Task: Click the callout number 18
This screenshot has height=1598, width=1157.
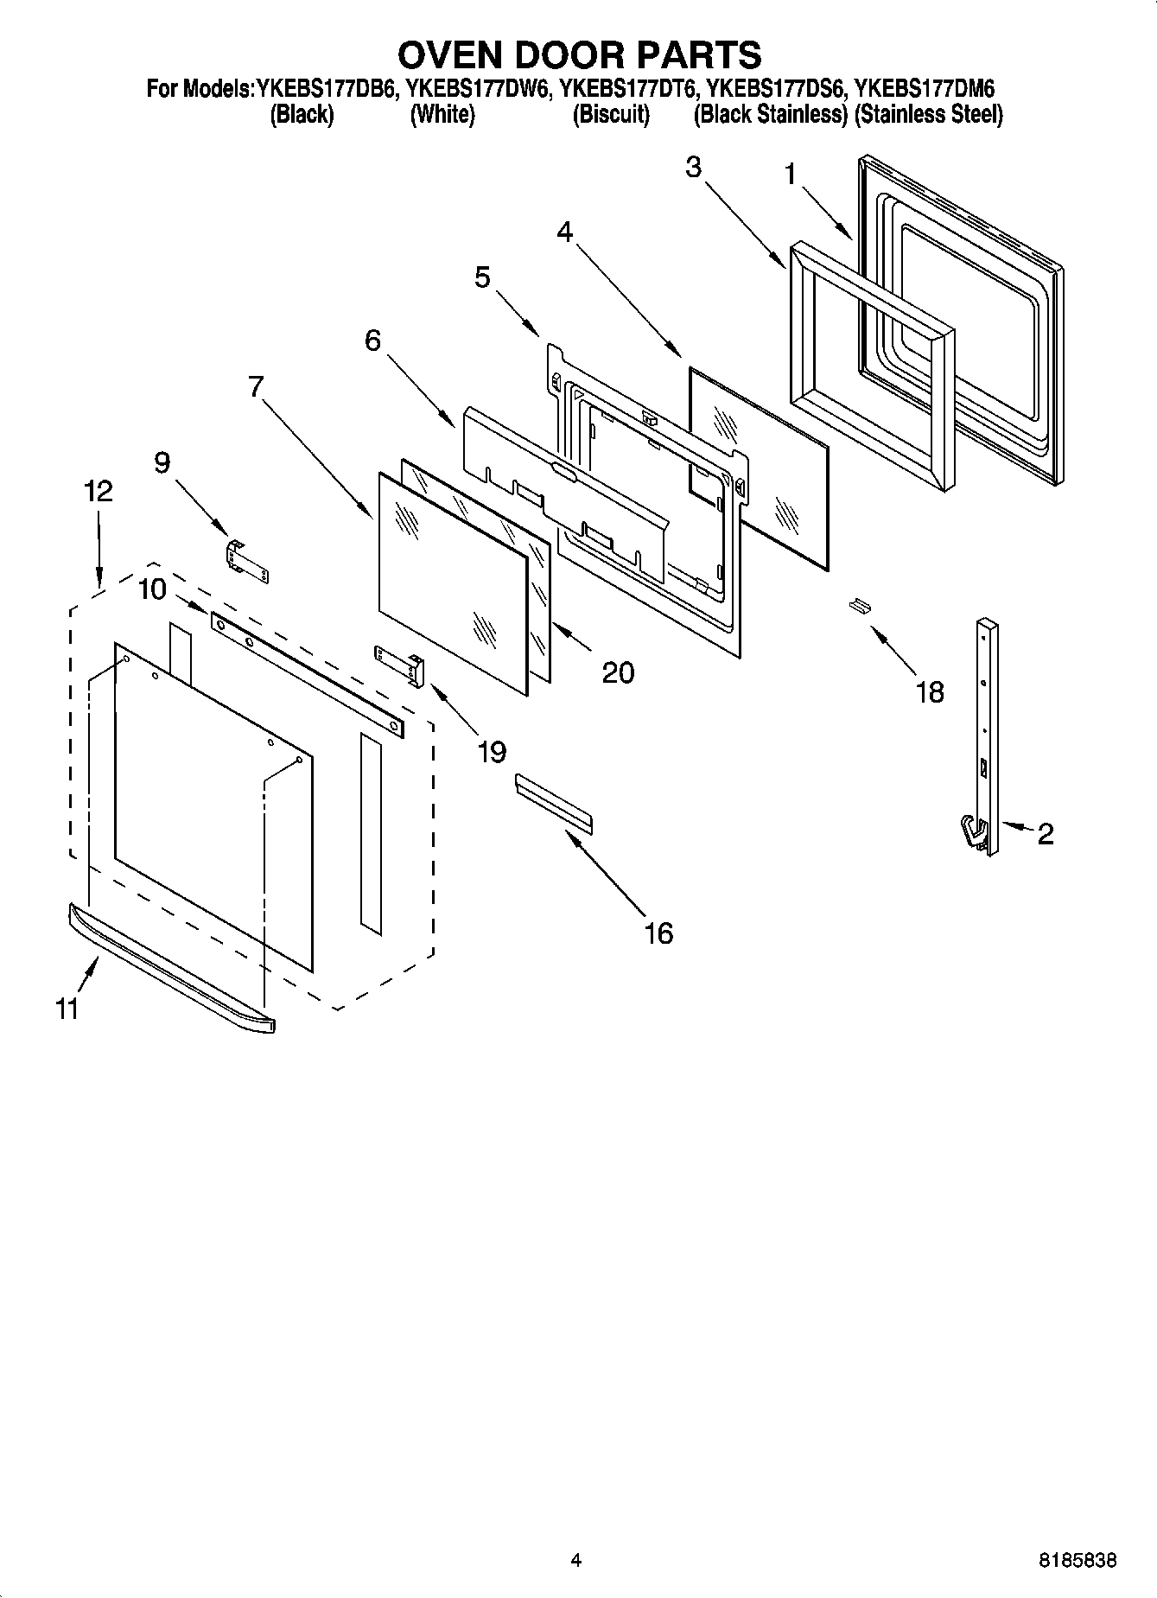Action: (930, 691)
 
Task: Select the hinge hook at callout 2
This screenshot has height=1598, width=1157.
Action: (974, 834)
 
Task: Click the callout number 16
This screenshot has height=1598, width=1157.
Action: (658, 933)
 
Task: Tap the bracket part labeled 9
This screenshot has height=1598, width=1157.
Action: (247, 561)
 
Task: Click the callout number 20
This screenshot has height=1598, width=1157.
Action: (618, 672)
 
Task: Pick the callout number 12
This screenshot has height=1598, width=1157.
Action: (99, 492)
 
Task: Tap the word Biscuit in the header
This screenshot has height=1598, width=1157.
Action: (611, 114)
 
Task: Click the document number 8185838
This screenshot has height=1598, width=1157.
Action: (1077, 1561)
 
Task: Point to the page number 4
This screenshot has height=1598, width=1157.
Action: (576, 1561)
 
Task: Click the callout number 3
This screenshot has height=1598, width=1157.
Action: (693, 168)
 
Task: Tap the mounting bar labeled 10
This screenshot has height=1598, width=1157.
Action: (307, 674)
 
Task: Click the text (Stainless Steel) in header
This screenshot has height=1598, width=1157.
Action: (928, 114)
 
